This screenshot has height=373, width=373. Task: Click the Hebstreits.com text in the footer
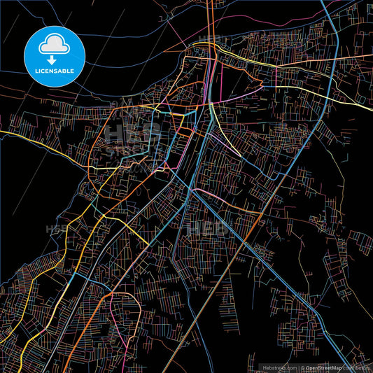[x=279, y=367]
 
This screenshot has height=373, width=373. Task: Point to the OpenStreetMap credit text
[x=321, y=367]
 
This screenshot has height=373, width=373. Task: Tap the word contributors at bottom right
[x=357, y=367]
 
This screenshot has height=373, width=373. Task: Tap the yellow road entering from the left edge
[x=14, y=131]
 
